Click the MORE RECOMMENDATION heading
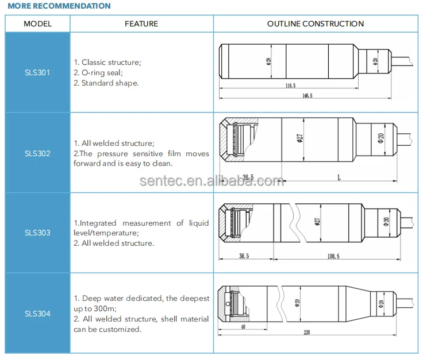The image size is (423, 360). (59, 6)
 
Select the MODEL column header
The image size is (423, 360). (38, 24)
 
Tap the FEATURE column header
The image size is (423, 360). (141, 24)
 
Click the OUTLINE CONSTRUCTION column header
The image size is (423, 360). (316, 24)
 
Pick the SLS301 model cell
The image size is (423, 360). (37, 73)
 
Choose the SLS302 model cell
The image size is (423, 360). (37, 153)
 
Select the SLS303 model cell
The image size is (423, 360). (37, 233)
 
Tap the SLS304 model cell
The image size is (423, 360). (37, 313)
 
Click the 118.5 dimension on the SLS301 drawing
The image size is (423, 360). (290, 86)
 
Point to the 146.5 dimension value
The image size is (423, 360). (307, 96)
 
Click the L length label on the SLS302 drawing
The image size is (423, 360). (339, 178)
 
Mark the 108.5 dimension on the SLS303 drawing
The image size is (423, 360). (334, 256)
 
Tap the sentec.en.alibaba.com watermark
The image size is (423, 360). (211, 181)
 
